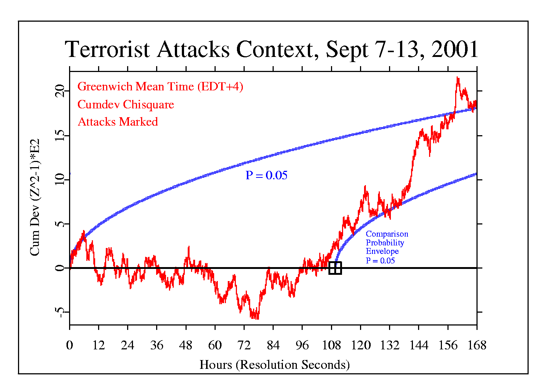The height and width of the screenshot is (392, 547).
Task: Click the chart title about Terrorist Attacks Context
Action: pyautogui.click(x=271, y=49)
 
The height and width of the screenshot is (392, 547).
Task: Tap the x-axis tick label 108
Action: pyautogui.click(x=331, y=346)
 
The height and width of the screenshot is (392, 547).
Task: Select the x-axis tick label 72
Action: pyautogui.click(x=244, y=346)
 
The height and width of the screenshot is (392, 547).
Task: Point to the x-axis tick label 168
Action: pyautogui.click(x=476, y=346)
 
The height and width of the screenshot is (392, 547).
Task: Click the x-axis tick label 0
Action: pyautogui.click(x=69, y=346)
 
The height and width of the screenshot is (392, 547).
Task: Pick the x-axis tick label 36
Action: pyautogui.click(x=156, y=346)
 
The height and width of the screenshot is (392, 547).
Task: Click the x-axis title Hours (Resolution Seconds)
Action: pyautogui.click(x=274, y=365)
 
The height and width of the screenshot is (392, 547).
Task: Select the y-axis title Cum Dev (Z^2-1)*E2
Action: pyautogui.click(x=35, y=197)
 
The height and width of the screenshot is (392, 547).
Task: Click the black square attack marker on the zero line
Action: pyautogui.click(x=335, y=268)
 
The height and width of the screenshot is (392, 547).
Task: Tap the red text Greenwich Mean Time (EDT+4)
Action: pyautogui.click(x=160, y=87)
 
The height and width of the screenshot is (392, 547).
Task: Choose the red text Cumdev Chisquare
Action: pyautogui.click(x=126, y=105)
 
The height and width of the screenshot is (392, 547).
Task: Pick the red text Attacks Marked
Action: pyautogui.click(x=118, y=122)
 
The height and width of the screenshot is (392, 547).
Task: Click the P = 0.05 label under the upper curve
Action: pyautogui.click(x=266, y=176)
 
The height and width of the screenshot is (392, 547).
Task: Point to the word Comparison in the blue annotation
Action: pyautogui.click(x=387, y=234)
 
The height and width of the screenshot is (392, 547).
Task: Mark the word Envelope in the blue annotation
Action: pyautogui.click(x=382, y=252)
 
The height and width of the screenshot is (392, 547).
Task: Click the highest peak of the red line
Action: pyautogui.click(x=457, y=78)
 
